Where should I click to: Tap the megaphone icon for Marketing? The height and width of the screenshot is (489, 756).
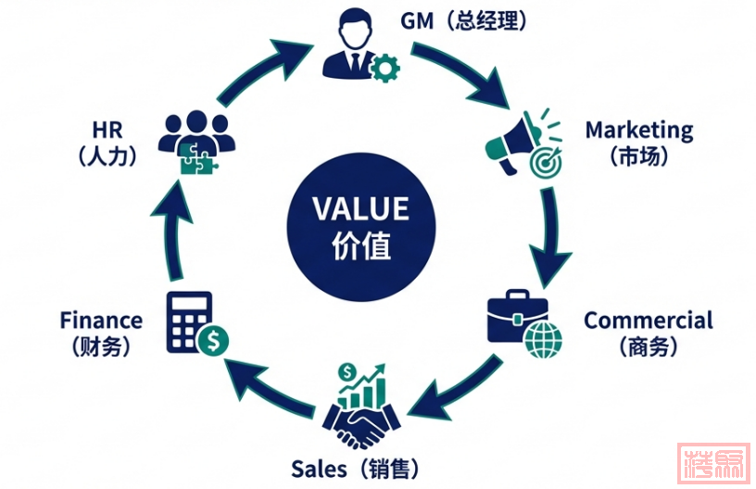coord(517,144)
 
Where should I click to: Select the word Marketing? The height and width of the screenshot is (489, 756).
coord(638,130)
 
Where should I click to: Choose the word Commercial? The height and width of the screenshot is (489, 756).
coord(648,320)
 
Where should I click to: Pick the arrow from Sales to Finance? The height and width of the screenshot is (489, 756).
coord(268,390)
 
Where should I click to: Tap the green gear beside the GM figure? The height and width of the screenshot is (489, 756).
coord(383,68)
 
